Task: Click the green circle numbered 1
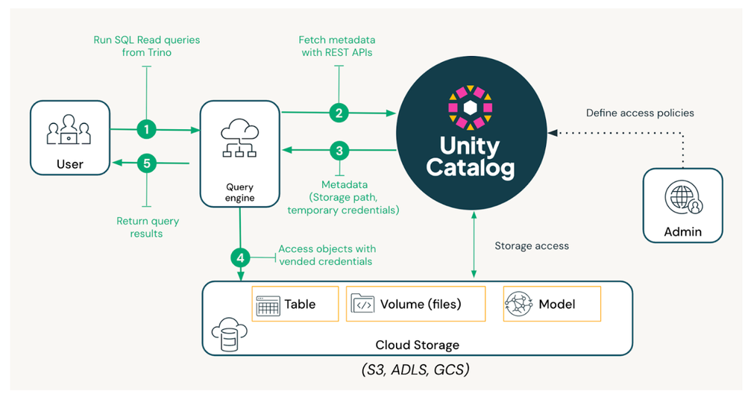tap(147, 130)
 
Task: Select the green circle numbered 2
tap(339, 113)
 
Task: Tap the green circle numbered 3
tap(339, 151)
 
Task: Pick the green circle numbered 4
tap(240, 258)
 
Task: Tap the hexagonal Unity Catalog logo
tap(469, 107)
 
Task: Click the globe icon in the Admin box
tap(682, 199)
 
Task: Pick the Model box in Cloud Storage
tap(551, 304)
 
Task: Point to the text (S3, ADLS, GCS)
tap(417, 369)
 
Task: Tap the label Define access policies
tap(640, 113)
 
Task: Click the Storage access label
tap(532, 246)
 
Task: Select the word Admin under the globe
tap(682, 231)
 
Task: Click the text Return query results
tap(148, 227)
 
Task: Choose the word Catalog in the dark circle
tap(470, 168)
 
